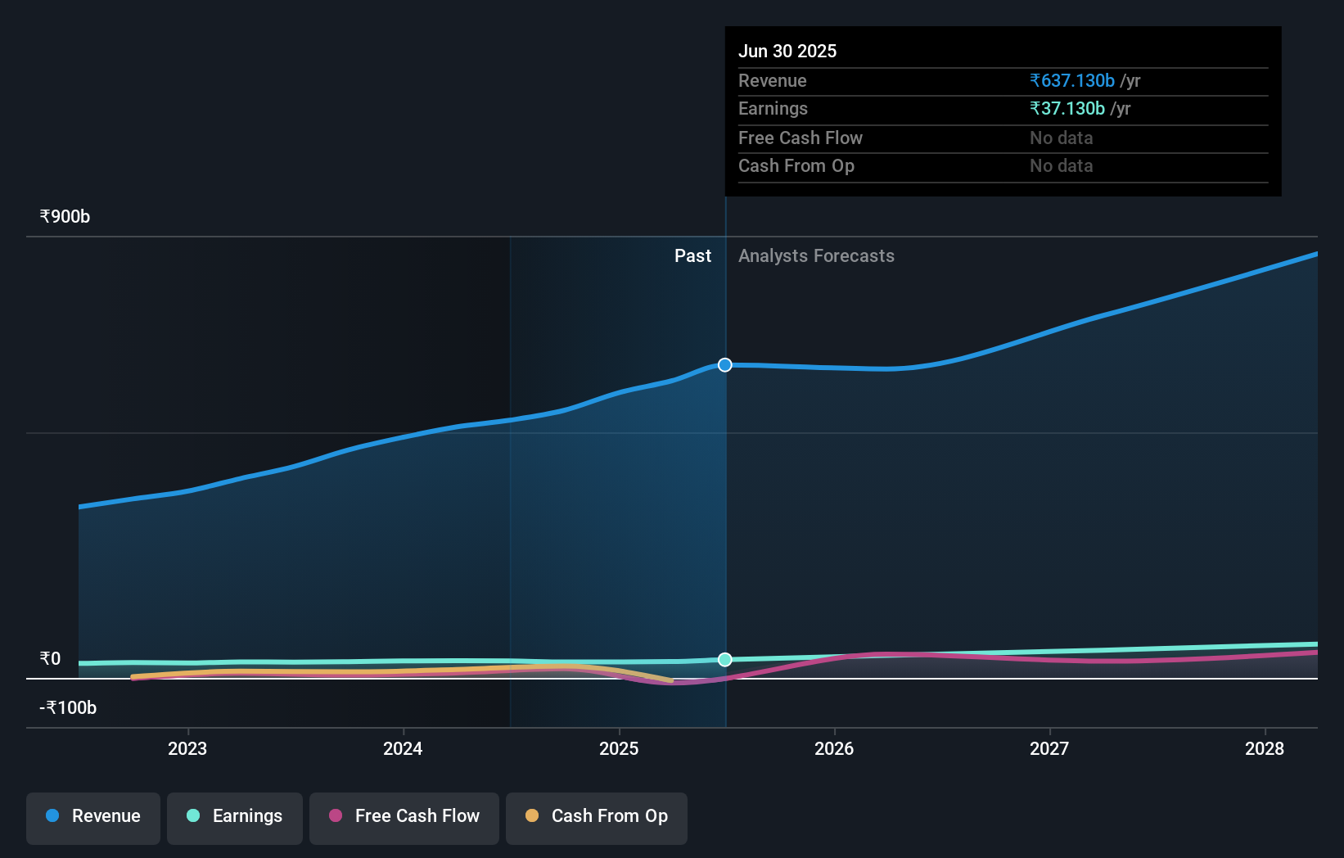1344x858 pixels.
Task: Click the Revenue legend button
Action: point(93,817)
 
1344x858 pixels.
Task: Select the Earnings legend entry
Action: point(235,817)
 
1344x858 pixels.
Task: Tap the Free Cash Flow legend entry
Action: point(404,817)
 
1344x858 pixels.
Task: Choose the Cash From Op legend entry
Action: point(597,817)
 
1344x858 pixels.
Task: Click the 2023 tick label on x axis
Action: point(187,748)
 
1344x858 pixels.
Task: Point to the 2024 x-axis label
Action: point(403,748)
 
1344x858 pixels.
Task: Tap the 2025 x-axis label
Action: point(619,748)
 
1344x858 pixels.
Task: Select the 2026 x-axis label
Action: point(834,748)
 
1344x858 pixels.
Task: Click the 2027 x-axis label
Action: point(1049,748)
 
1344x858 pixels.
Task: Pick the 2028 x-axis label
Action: point(1265,748)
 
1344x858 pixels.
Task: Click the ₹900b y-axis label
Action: point(65,217)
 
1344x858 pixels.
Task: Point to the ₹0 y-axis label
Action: point(50,659)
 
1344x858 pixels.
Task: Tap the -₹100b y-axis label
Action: point(68,708)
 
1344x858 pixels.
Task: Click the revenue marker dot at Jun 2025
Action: point(725,365)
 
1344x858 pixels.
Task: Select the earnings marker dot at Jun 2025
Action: point(725,660)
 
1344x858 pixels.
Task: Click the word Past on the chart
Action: point(692,256)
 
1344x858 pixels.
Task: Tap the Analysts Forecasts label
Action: point(816,256)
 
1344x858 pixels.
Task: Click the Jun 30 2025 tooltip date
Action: point(787,51)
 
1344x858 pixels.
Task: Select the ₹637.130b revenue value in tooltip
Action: point(1072,81)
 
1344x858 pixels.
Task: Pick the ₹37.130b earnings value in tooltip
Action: point(1067,109)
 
